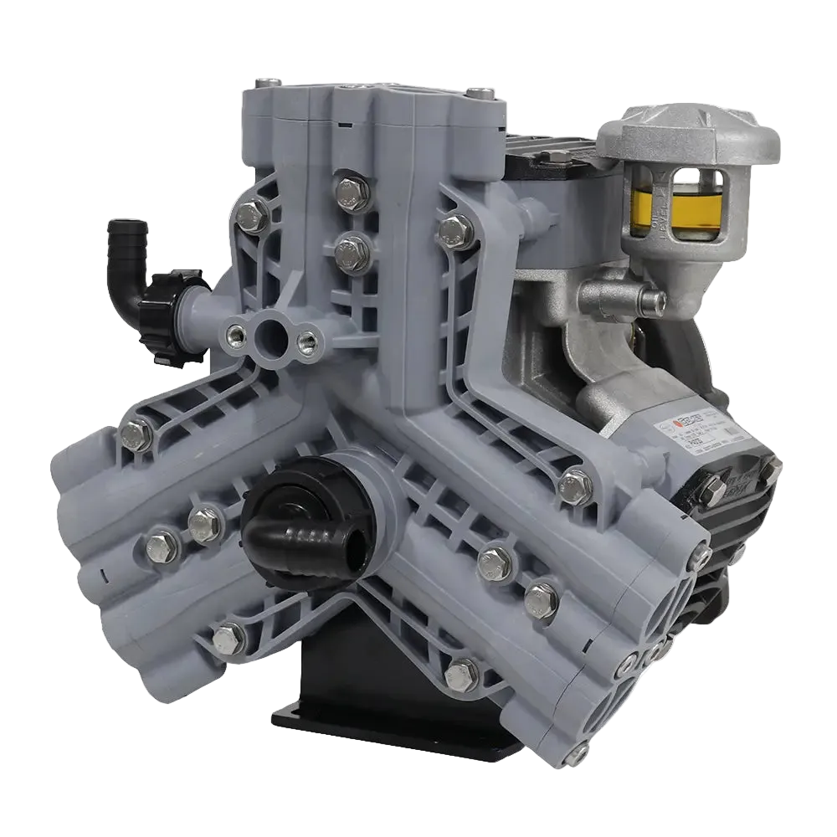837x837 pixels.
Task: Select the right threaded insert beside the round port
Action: [x=307, y=341]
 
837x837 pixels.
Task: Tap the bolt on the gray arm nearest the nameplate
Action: [x=576, y=486]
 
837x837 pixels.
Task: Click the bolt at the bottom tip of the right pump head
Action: [x=578, y=757]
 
